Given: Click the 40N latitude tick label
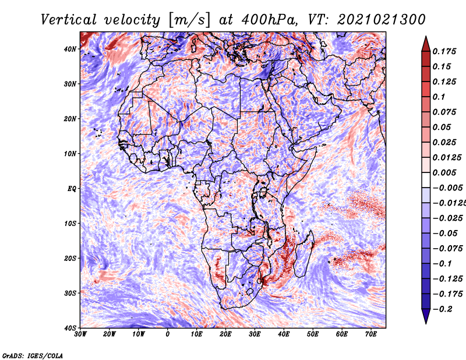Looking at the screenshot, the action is [70, 49].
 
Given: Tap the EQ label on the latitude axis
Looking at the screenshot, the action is [72, 189].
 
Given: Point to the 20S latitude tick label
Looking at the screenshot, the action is [70, 258].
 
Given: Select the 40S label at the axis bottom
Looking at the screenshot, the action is [70, 328].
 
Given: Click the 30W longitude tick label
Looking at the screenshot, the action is [80, 334].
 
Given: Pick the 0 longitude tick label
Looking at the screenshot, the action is [168, 334].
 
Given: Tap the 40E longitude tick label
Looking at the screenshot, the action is [284, 334].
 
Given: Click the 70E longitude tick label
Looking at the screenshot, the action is [371, 334].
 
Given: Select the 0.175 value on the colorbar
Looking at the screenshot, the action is [444, 51].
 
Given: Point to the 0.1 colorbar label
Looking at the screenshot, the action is [439, 97].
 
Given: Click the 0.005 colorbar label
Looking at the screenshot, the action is [444, 172].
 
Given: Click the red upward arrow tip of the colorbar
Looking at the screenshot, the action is [426, 37].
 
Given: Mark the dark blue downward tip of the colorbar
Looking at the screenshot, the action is [426, 323].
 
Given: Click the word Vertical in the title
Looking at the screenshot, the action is [69, 20].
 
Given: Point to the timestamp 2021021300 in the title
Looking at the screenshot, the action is [382, 20].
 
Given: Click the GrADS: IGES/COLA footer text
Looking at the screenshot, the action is [33, 356].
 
